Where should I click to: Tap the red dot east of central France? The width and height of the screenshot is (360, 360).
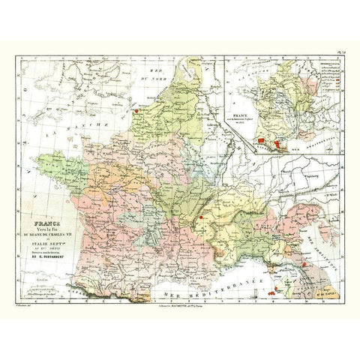(x=201, y=217)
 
